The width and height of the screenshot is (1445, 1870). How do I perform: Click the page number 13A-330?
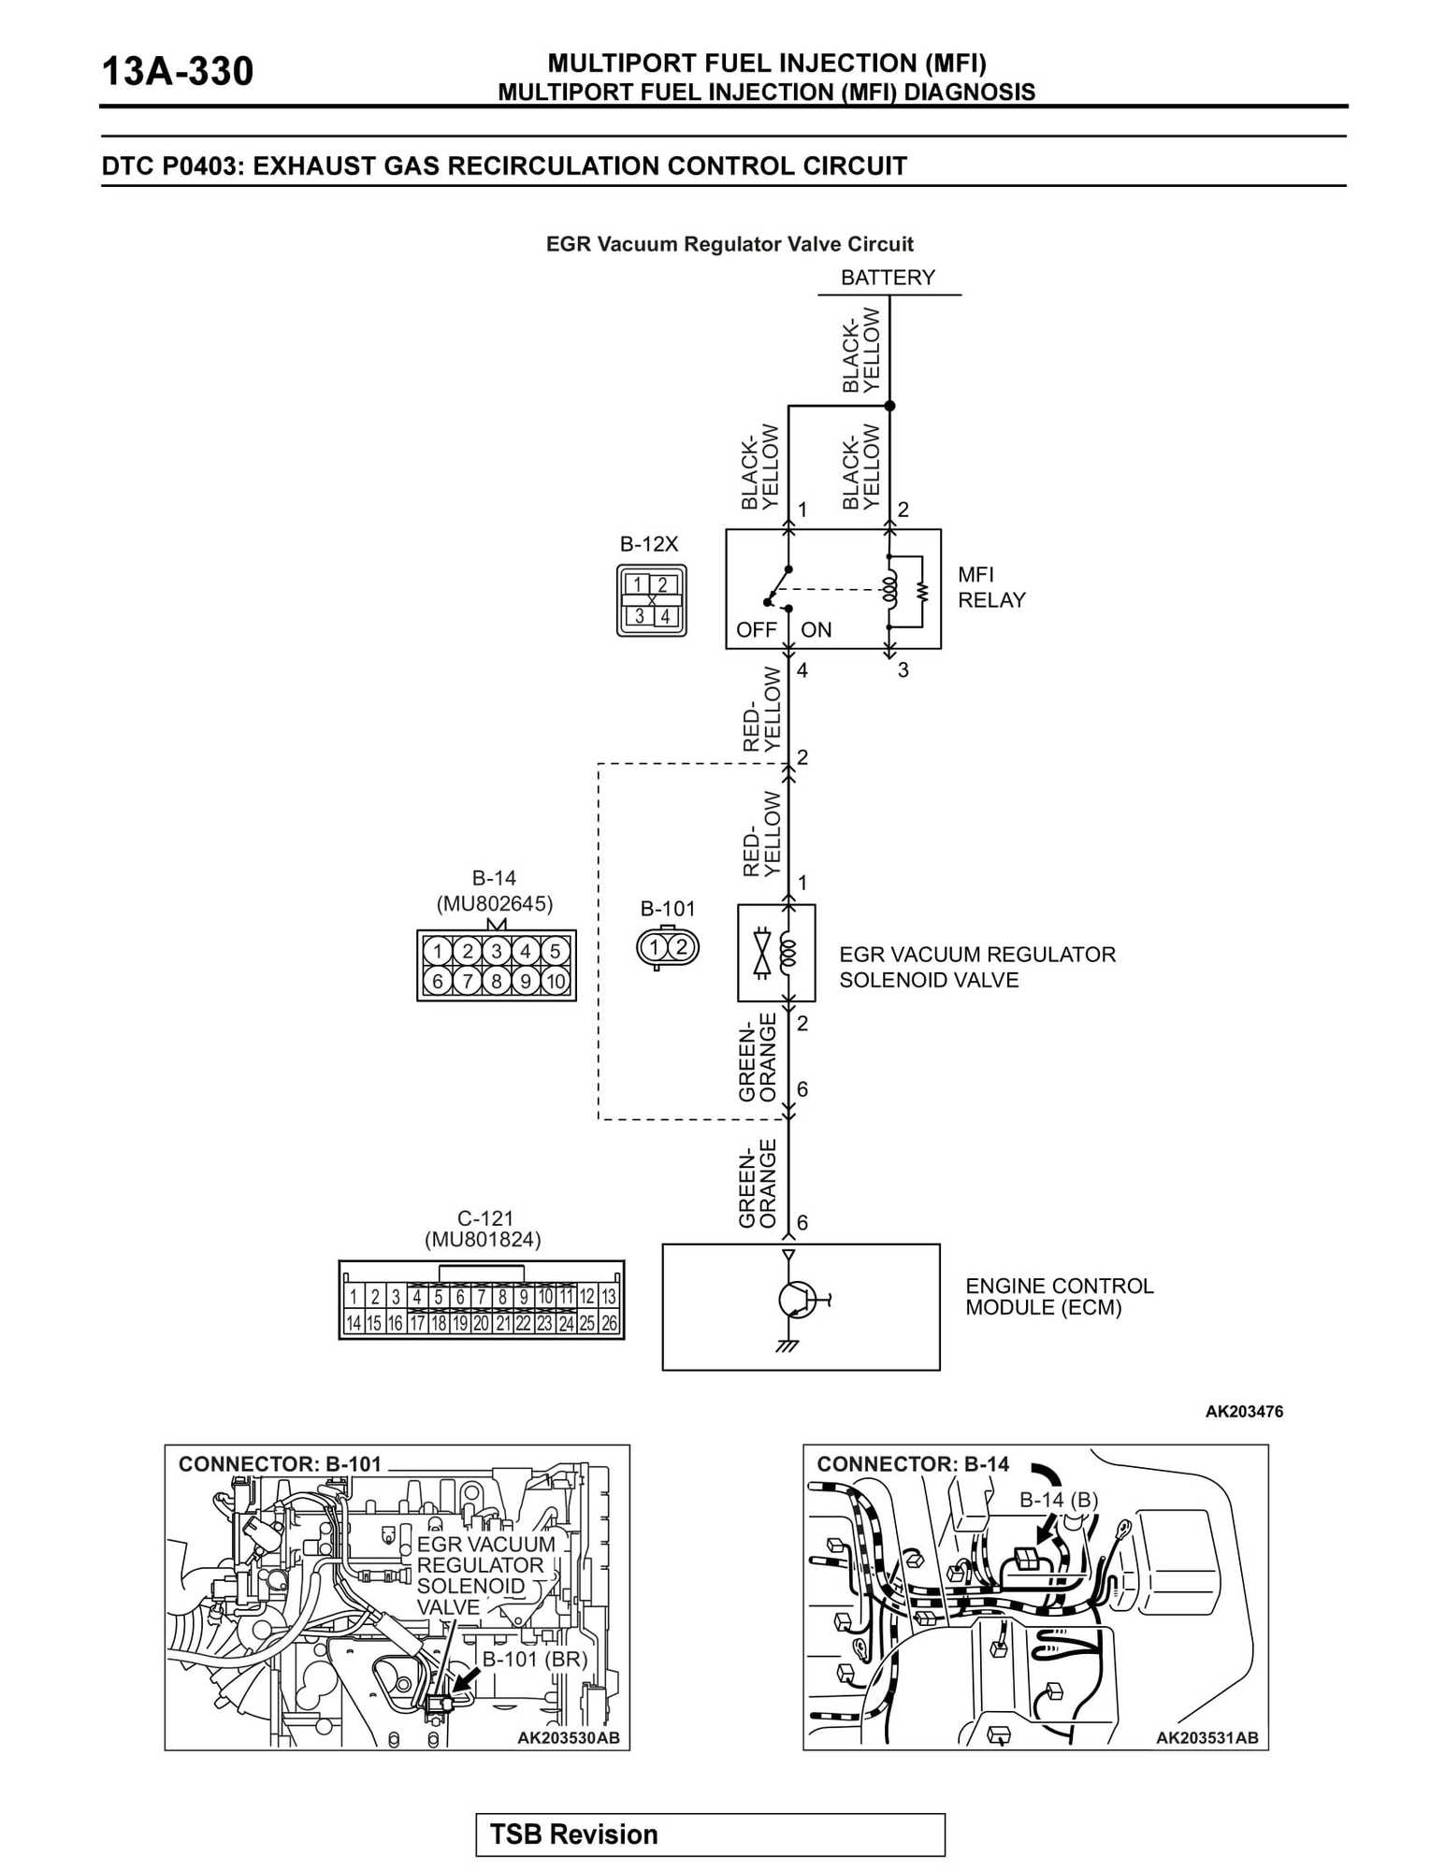[x=177, y=72]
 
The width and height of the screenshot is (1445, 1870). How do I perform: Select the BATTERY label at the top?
[x=888, y=278]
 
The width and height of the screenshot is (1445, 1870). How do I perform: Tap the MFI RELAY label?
[x=990, y=587]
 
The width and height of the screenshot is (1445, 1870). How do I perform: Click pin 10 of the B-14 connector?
[x=556, y=982]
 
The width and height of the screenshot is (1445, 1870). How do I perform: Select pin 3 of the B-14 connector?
[x=497, y=952]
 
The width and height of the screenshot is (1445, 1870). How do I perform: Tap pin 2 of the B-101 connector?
[x=682, y=947]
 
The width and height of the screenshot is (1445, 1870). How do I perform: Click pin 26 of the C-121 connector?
[x=610, y=1324]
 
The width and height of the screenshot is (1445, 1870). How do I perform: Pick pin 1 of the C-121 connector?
[x=354, y=1297]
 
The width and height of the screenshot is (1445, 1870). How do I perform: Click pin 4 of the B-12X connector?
[x=665, y=617]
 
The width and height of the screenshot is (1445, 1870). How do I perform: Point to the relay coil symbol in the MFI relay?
[x=889, y=589]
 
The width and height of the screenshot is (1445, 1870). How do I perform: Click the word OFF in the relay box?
[x=756, y=630]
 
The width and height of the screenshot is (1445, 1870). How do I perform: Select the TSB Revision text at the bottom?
[x=574, y=1834]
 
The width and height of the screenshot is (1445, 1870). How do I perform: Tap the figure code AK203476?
[x=1244, y=1412]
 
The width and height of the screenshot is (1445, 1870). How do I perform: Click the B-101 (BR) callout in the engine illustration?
[x=534, y=1660]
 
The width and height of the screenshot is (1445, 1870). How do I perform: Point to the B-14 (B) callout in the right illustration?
[x=1058, y=1500]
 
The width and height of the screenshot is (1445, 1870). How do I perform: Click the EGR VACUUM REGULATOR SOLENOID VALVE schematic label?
[x=976, y=967]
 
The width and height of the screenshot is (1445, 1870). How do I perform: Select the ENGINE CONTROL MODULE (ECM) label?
[x=1059, y=1297]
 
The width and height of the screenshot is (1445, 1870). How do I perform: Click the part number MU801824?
[x=483, y=1240]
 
